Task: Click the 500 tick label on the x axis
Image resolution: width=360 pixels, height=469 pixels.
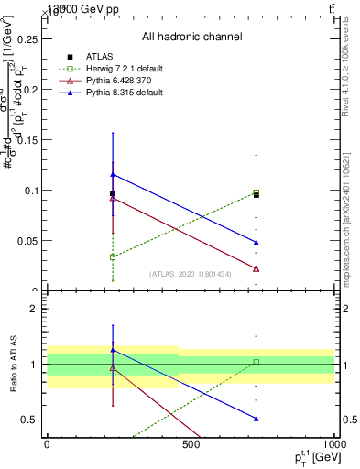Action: (191, 446)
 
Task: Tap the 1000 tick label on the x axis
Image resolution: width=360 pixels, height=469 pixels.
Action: (334, 446)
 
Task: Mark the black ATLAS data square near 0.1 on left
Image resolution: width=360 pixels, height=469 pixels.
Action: (112, 193)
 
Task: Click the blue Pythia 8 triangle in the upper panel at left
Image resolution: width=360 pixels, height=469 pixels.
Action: (112, 174)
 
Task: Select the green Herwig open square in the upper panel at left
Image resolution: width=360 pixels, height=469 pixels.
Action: (112, 257)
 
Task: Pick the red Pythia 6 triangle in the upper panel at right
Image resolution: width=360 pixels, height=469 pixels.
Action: (256, 268)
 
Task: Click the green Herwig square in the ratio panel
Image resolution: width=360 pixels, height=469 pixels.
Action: (256, 363)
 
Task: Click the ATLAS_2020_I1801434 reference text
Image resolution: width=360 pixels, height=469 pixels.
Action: (191, 274)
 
